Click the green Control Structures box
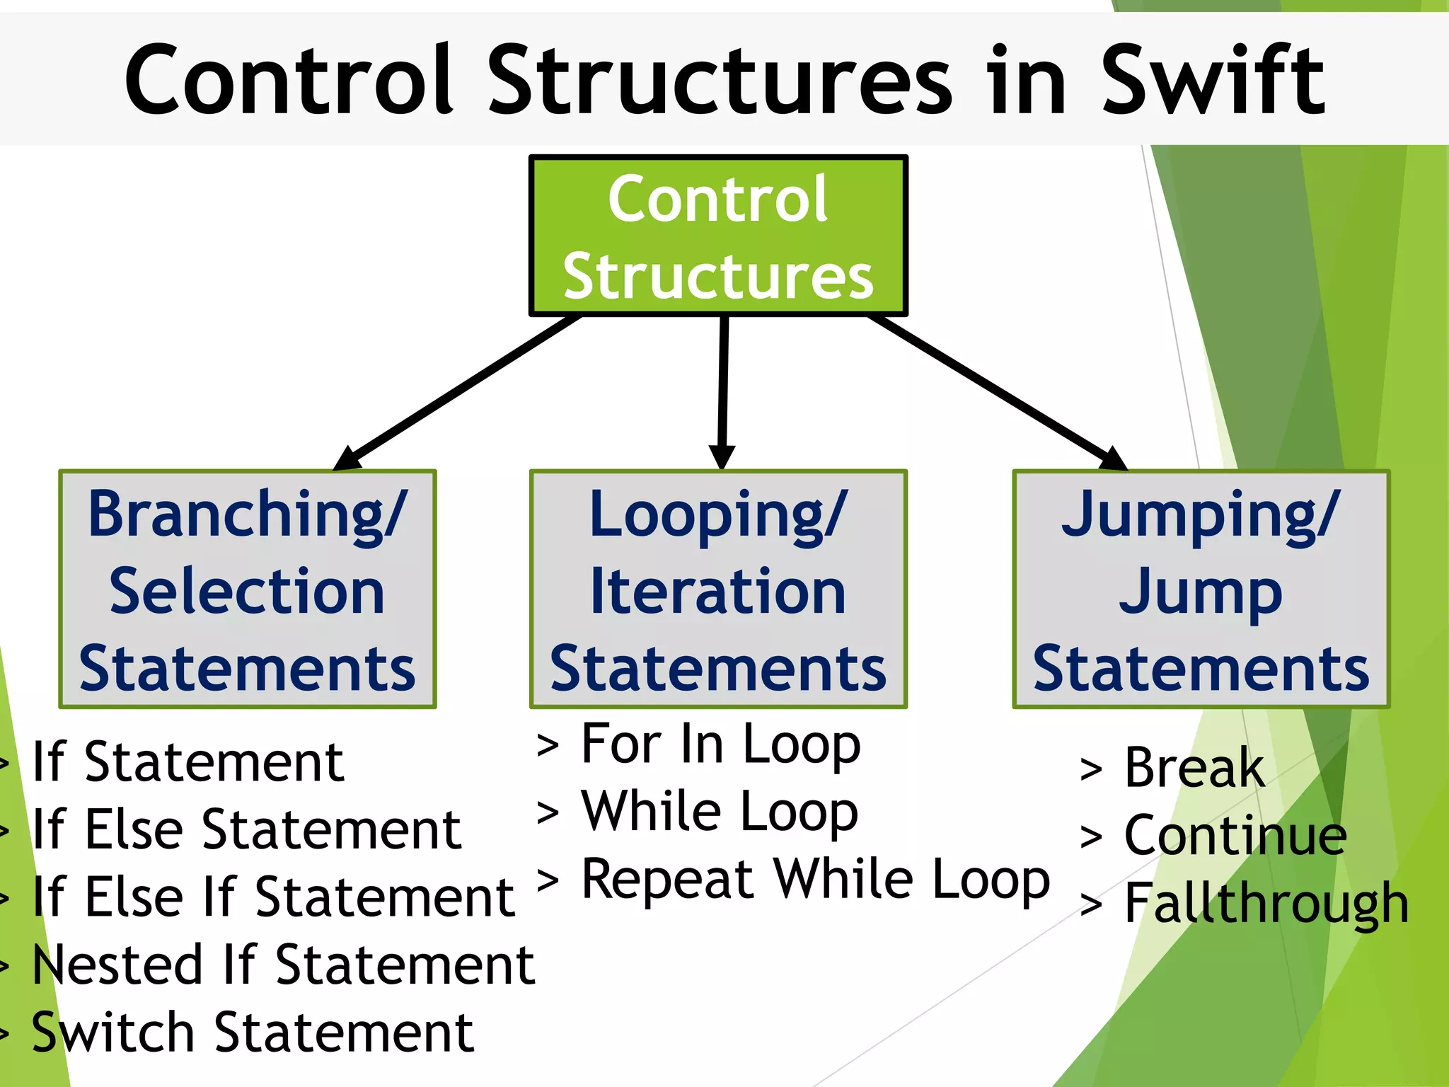click(x=718, y=236)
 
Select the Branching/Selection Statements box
click(x=248, y=589)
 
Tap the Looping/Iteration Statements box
click(x=718, y=589)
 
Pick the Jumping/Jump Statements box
click(x=1201, y=589)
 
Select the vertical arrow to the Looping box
click(x=723, y=389)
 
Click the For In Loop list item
click(x=720, y=744)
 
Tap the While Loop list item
click(x=719, y=812)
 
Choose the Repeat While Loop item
click(x=815, y=880)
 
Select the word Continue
click(x=1235, y=836)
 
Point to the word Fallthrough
click(x=1266, y=904)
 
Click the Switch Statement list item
click(x=253, y=1033)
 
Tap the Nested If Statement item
click(x=283, y=965)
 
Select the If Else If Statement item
click(x=273, y=897)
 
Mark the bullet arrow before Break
click(x=1091, y=770)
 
